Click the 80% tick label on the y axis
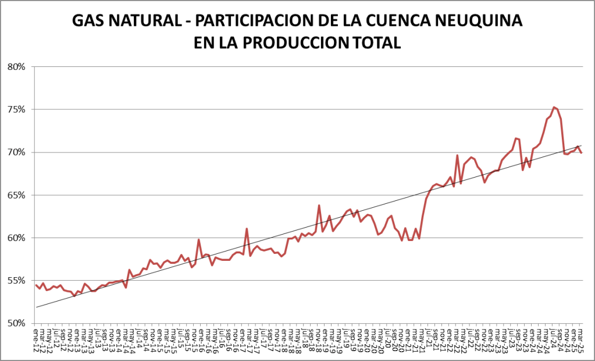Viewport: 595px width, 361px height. tap(16, 66)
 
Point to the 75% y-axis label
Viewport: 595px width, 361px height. tap(16, 109)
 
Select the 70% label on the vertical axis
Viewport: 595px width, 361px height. tap(16, 152)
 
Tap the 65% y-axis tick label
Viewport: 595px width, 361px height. tap(16, 195)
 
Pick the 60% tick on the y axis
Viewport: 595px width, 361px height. tap(16, 238)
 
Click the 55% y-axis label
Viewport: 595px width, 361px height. tap(16, 281)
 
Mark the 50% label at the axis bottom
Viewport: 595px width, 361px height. tap(16, 323)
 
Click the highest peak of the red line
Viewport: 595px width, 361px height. tap(554, 107)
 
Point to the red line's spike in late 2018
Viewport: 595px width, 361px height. tap(319, 205)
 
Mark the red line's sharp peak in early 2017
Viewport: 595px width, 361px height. tap(247, 229)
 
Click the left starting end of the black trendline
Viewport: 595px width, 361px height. tap(36, 307)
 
